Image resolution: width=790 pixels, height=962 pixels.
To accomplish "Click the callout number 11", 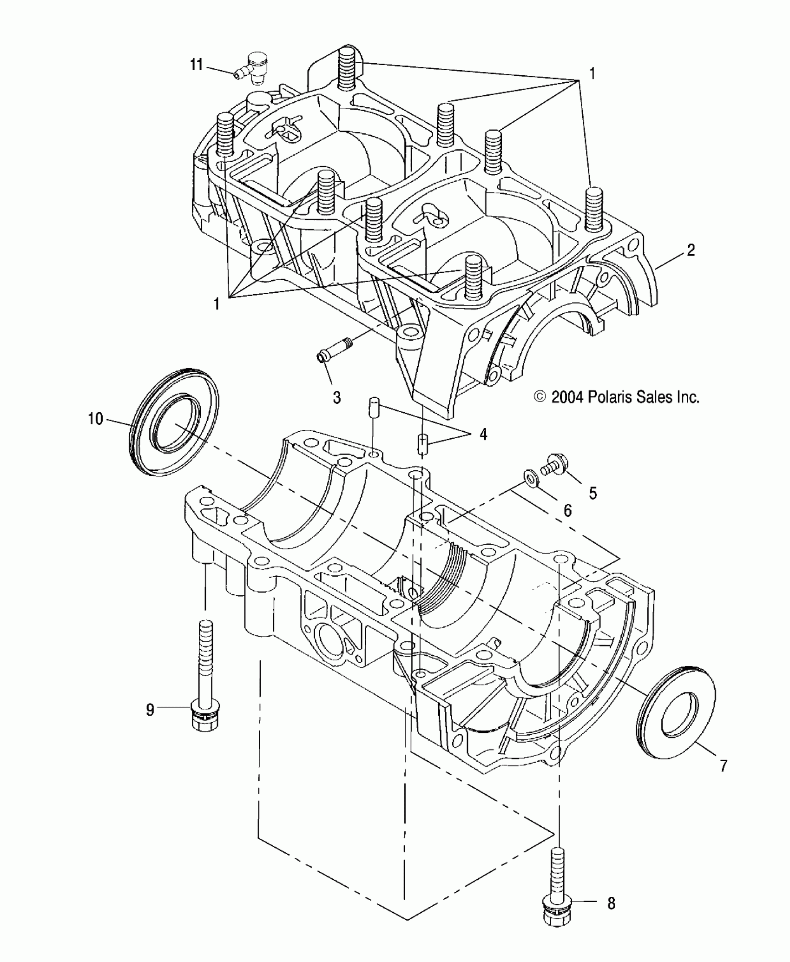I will click(197, 65).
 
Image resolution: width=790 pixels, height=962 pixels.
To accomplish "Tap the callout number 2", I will click(691, 250).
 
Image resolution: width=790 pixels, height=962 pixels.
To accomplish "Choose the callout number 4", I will click(483, 435).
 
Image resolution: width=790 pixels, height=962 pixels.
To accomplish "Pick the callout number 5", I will click(593, 493).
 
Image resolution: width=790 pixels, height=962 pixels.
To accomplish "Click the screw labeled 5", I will click(556, 465).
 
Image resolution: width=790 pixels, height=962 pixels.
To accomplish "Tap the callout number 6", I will click(567, 511).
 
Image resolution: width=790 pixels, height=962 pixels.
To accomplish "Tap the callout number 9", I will click(150, 723).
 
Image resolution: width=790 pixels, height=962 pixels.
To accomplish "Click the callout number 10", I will click(95, 419).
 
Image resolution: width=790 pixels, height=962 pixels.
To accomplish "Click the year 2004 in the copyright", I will click(567, 397).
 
